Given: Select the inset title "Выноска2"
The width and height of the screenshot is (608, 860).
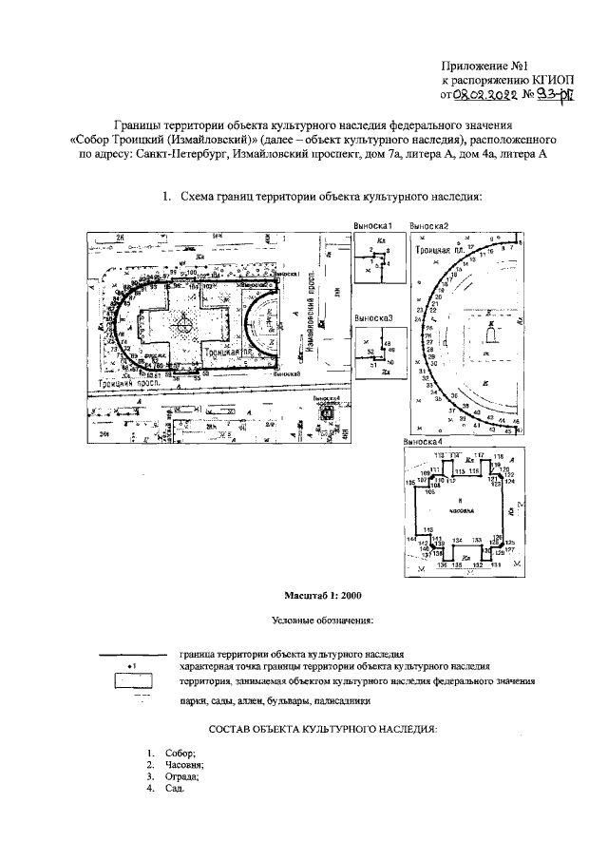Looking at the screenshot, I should click(x=429, y=226).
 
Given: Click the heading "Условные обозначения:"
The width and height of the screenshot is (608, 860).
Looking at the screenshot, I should click(x=323, y=621).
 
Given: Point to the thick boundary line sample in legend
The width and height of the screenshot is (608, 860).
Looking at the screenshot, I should click(x=134, y=655).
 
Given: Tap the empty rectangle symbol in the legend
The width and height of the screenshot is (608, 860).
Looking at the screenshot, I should click(x=134, y=680).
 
